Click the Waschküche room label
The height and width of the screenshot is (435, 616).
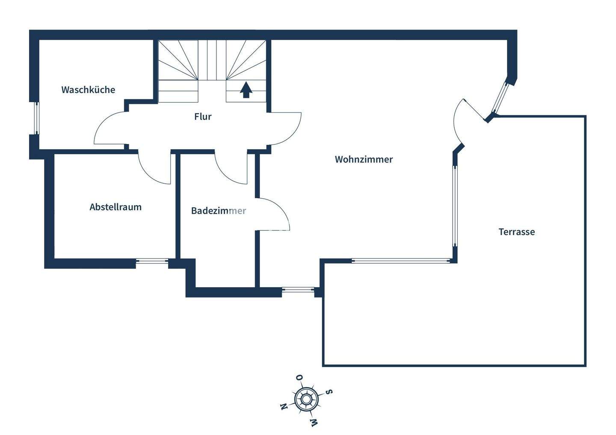tap(88, 90)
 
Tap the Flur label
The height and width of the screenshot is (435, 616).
tap(203, 117)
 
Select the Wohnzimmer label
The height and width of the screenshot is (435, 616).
tap(364, 159)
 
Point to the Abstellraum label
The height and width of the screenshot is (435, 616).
tap(115, 207)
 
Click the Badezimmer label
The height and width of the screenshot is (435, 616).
tap(218, 211)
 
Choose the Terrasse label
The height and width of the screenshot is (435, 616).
tap(517, 232)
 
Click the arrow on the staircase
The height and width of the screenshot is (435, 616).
tap(246, 90)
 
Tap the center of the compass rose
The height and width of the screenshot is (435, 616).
tap(306, 399)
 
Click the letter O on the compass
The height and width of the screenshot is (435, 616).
tap(299, 378)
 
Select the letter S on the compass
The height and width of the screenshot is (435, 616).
tap(329, 392)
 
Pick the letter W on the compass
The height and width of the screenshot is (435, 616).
tap(314, 423)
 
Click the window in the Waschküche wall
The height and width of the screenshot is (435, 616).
tap(37, 118)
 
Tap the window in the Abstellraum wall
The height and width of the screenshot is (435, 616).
tap(152, 261)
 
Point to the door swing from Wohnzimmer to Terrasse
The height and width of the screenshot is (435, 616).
tap(462, 118)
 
